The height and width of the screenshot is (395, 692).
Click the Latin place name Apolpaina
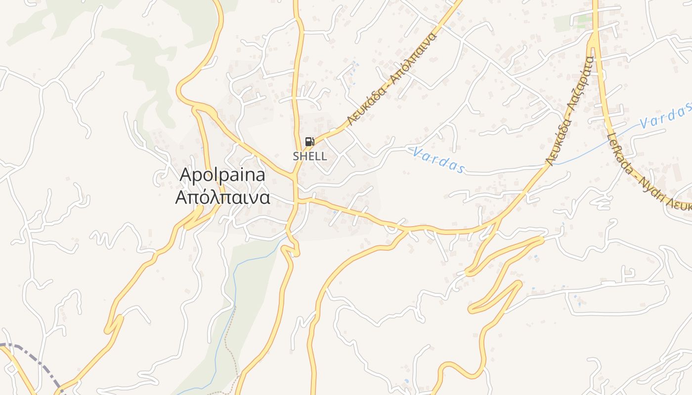[222, 175]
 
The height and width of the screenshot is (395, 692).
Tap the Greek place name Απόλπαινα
[222, 197]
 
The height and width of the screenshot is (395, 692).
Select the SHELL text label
[310, 157]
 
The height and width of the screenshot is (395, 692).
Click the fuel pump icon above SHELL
[310, 142]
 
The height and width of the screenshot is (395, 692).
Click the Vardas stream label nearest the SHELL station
[438, 159]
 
